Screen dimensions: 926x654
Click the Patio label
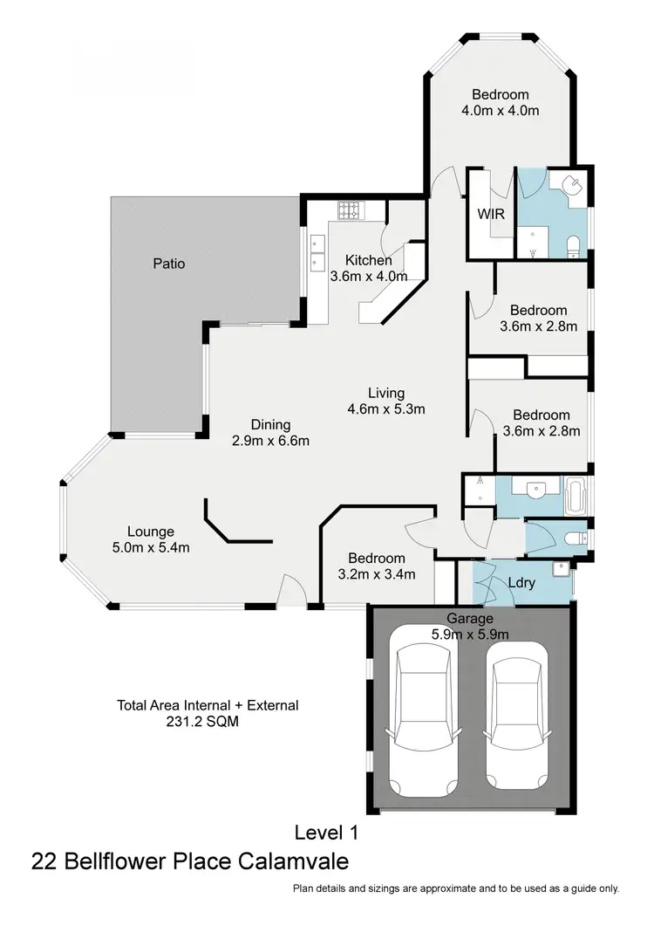[x=169, y=263]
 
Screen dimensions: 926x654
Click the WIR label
[x=487, y=214]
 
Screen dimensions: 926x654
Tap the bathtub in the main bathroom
[x=576, y=494]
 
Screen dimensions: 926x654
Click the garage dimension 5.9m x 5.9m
[x=470, y=634]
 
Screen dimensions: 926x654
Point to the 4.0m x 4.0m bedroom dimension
[x=501, y=111]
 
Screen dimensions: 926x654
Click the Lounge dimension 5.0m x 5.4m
[x=151, y=547]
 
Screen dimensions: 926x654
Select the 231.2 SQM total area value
[x=203, y=722]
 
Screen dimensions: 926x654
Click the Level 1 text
[x=326, y=833]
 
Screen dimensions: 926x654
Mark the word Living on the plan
[x=385, y=393]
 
